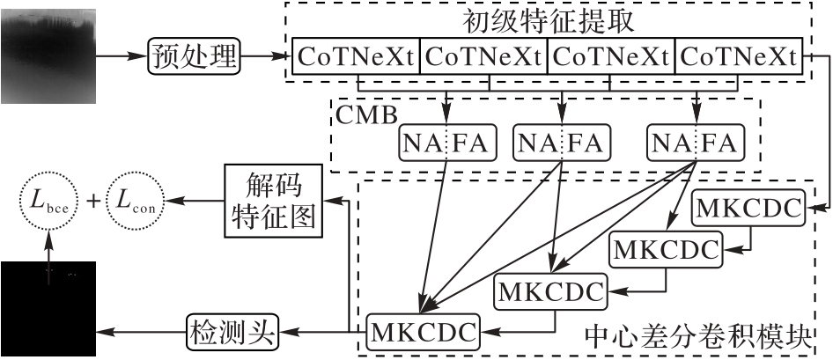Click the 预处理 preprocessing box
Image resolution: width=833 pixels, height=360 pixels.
194,58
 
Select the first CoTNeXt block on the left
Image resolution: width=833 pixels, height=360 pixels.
355,58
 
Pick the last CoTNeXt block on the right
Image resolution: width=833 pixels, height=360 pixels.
739,58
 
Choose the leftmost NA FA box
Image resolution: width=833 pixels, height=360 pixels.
448,142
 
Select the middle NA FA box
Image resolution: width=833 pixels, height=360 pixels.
561,142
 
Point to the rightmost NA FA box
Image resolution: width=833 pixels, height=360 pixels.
695,142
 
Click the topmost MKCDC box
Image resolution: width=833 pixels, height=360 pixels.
749,208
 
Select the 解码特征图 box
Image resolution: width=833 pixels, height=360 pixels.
274,202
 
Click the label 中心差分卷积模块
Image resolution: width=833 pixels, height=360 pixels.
697,335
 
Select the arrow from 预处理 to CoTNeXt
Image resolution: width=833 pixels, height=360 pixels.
264,58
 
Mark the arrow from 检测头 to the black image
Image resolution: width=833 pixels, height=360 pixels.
141,333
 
